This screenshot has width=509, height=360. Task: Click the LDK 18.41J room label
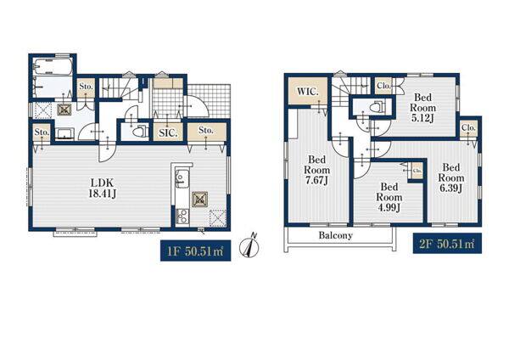click(x=103, y=188)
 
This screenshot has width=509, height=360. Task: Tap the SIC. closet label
click(x=168, y=133)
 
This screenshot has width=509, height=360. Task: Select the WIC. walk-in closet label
click(x=307, y=92)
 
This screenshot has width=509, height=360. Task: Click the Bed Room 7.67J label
click(x=316, y=170)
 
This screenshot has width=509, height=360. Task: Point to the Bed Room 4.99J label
click(x=389, y=197)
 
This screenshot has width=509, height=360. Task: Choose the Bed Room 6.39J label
click(x=451, y=177)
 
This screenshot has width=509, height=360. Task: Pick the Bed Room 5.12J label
click(x=422, y=108)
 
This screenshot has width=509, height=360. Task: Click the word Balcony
click(x=335, y=235)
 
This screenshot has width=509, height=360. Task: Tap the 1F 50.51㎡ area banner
click(x=195, y=250)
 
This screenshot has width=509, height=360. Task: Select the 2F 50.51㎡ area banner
click(x=447, y=244)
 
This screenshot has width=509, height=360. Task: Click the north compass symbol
click(x=249, y=246)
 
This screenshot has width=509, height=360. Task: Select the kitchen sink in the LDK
click(x=180, y=178)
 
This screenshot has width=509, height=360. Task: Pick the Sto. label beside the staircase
click(x=87, y=87)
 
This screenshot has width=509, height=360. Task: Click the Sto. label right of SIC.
click(x=206, y=130)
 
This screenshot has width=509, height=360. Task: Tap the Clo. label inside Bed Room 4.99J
click(x=417, y=171)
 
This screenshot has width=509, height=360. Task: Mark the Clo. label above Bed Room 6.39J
click(x=468, y=127)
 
